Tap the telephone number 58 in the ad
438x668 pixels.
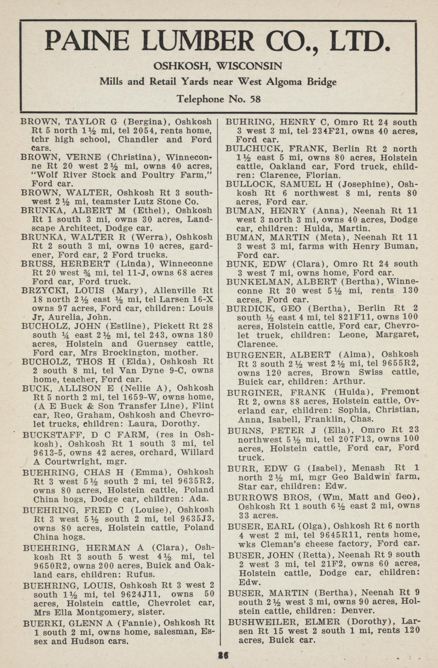[255, 99]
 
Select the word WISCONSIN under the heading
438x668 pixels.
[249, 66]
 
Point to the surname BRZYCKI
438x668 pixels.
[43, 291]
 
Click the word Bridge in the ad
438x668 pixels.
[322, 82]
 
